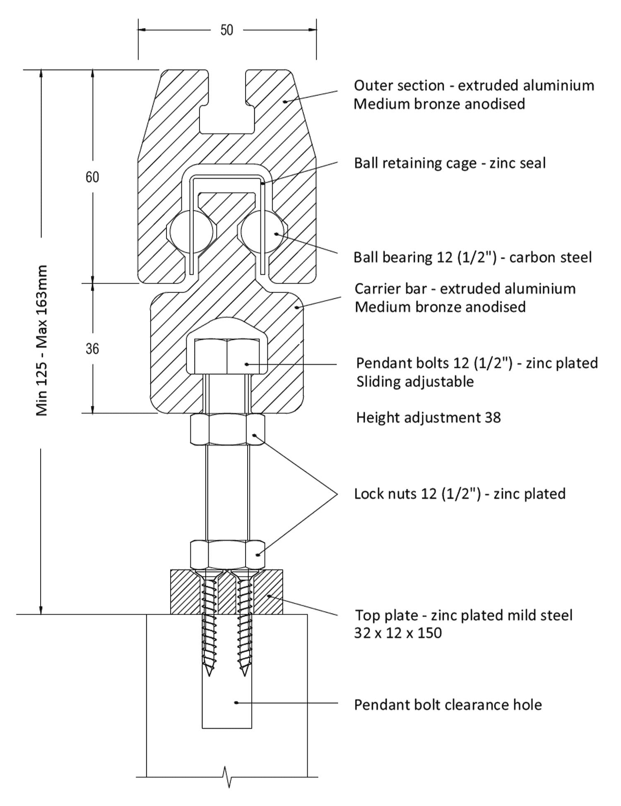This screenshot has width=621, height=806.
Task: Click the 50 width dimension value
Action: tap(226, 30)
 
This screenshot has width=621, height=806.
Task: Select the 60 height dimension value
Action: tap(92, 177)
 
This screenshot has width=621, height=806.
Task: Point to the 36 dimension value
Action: tap(92, 349)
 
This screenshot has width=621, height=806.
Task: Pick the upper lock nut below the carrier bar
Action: tap(227, 430)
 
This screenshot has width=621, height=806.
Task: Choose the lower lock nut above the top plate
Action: tap(227, 554)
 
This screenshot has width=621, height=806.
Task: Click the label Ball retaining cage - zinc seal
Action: tap(450, 163)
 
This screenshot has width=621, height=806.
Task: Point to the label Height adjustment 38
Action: tap(428, 417)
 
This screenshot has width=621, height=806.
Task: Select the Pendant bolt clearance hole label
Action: tap(448, 705)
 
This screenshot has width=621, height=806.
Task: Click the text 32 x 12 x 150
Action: tap(398, 633)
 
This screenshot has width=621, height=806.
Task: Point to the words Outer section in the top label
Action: tap(399, 86)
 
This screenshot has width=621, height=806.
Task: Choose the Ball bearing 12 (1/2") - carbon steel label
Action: tap(472, 257)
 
